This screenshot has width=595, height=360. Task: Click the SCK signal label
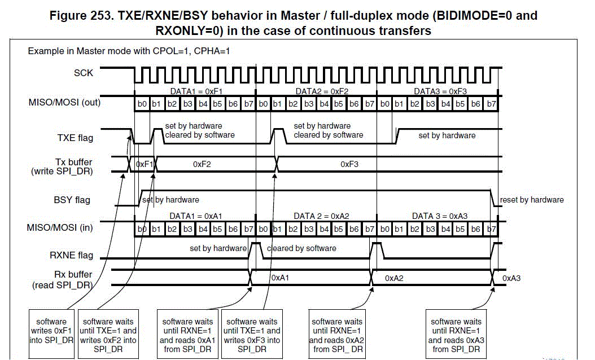click(x=84, y=73)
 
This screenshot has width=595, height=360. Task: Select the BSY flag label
click(x=72, y=200)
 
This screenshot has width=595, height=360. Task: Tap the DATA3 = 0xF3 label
click(x=440, y=91)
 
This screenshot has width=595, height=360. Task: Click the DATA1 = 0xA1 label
click(x=196, y=216)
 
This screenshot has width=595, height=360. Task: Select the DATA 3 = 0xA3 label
click(x=440, y=216)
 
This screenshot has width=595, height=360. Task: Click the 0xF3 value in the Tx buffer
click(x=349, y=164)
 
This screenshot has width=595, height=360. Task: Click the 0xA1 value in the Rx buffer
click(x=281, y=278)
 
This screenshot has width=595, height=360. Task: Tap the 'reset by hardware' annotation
click(x=532, y=200)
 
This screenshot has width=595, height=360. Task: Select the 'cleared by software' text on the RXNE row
click(x=301, y=248)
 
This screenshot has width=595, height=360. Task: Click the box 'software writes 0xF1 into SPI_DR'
click(x=51, y=331)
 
